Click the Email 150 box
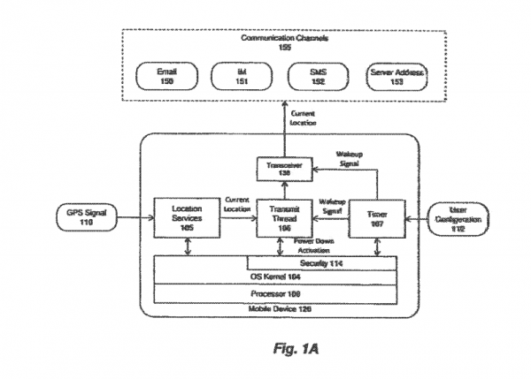[x=166, y=77]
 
